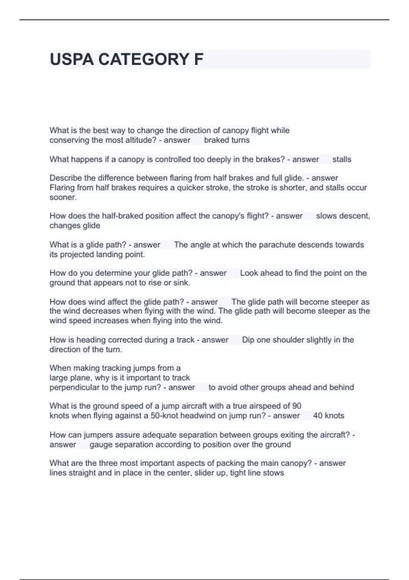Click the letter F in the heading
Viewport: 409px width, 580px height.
(198, 59)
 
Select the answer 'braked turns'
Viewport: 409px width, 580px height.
(227, 140)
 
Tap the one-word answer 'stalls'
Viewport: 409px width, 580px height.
(342, 159)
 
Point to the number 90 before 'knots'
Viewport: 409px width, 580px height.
(297, 406)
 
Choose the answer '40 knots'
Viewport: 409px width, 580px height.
(329, 416)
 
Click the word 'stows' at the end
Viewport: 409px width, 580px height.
(273, 473)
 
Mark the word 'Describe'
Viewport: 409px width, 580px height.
(65, 178)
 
